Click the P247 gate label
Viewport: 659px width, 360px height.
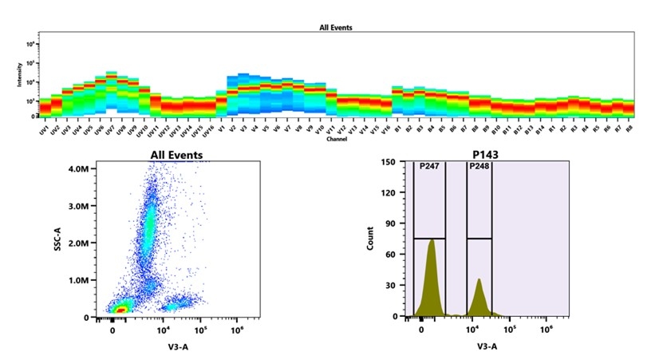tap(428, 166)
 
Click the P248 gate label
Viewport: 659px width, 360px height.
tap(479, 166)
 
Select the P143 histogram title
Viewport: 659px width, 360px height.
tap(491, 155)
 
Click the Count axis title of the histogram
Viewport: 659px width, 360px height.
tap(369, 239)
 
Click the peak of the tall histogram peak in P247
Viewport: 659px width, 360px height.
tap(431, 240)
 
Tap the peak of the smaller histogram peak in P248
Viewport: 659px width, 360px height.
tap(479, 279)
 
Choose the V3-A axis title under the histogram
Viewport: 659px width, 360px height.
tap(487, 346)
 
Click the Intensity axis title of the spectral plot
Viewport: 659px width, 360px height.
tap(19, 76)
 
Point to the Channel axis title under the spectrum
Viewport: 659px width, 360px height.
tap(336, 140)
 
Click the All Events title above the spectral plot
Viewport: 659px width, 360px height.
tap(335, 27)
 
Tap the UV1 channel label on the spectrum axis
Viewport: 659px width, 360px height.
tap(45, 129)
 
